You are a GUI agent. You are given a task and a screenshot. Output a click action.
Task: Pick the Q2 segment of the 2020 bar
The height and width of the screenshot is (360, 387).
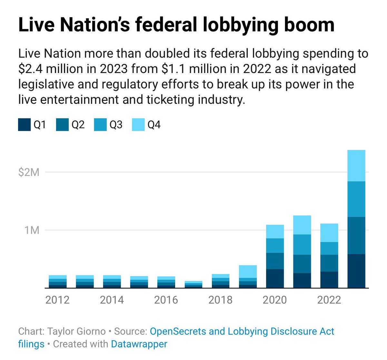click(275, 261)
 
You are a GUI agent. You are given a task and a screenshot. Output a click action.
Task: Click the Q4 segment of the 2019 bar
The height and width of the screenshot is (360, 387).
click(248, 272)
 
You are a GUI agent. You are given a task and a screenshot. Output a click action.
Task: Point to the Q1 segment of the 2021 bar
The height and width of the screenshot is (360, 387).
click(302, 280)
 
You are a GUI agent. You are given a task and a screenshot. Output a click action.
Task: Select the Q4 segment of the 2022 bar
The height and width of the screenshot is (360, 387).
click(329, 233)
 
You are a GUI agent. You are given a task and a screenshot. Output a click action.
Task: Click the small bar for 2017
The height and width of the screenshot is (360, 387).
click(193, 284)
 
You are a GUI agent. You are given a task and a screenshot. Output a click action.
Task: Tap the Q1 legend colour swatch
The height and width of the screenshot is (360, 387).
click(24, 125)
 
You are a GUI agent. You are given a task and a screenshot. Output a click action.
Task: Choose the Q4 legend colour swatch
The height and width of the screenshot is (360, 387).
click(138, 125)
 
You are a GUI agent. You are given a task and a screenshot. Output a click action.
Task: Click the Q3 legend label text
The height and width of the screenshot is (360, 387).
click(116, 125)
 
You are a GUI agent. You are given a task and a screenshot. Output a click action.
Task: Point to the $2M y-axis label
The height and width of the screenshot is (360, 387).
click(29, 172)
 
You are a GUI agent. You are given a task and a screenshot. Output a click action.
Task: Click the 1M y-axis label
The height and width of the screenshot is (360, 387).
click(32, 230)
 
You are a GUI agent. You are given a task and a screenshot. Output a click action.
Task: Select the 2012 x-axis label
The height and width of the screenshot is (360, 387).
click(57, 300)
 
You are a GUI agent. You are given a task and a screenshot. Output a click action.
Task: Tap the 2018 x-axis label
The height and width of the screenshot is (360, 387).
click(220, 300)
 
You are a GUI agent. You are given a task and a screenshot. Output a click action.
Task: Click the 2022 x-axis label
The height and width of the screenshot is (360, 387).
click(329, 300)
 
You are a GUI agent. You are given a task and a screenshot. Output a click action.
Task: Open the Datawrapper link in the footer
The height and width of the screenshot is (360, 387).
click(139, 344)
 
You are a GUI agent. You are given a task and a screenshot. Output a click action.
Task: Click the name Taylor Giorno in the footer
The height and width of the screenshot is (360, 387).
click(76, 331)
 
